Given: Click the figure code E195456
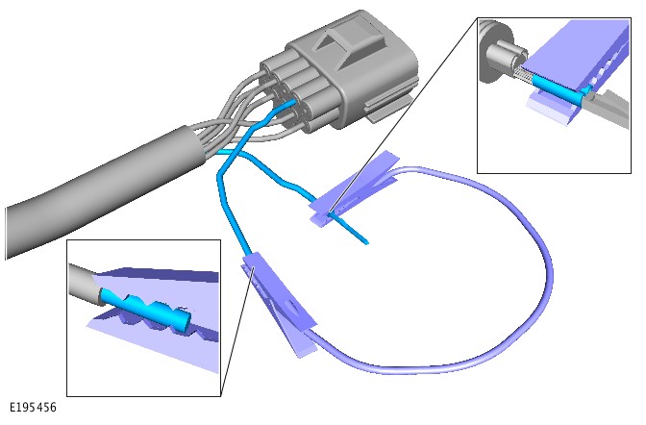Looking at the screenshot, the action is [x=33, y=408].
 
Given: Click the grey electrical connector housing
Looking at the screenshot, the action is [x=342, y=72].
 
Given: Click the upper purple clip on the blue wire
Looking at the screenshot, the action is [x=355, y=187].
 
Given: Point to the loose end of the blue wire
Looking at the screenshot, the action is [x=366, y=242].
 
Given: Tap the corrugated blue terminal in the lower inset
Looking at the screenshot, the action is [x=148, y=311].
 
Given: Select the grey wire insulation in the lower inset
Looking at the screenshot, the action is [x=84, y=285].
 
